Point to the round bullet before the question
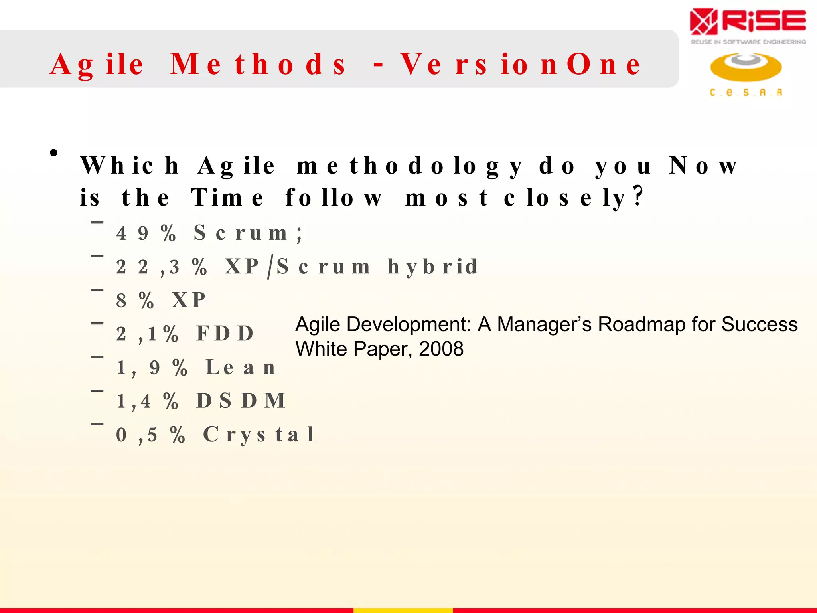pyautogui.click(x=54, y=153)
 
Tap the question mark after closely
pyautogui.click(x=638, y=196)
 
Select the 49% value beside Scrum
pyautogui.click(x=146, y=233)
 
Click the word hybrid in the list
pyautogui.click(x=432, y=267)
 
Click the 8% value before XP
pyautogui.click(x=135, y=300)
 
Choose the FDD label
pyautogui.click(x=225, y=334)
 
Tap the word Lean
pyautogui.click(x=240, y=367)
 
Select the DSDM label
pyautogui.click(x=241, y=401)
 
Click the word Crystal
pyautogui.click(x=259, y=434)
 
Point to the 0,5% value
pyautogui.click(x=150, y=434)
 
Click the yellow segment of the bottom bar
pyautogui.click(x=403, y=610)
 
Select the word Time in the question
pyautogui.click(x=227, y=197)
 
